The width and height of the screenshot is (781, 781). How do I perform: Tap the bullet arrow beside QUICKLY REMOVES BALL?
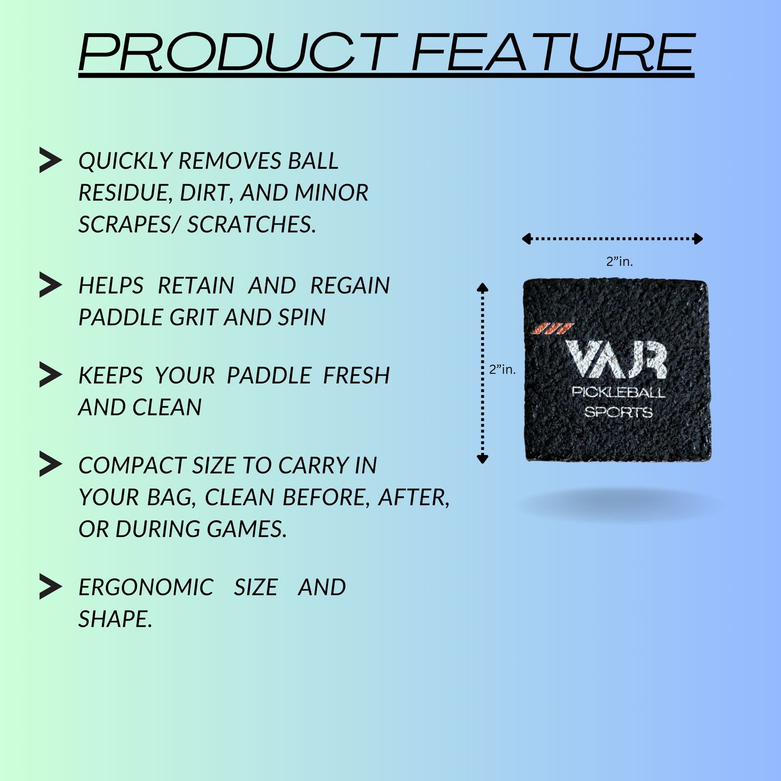[x=50, y=160]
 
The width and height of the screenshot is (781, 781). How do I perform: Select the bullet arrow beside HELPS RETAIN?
[x=50, y=285]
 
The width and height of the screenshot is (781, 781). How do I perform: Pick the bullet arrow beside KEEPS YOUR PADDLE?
[x=50, y=375]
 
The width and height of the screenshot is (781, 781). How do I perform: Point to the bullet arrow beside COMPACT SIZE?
[x=50, y=464]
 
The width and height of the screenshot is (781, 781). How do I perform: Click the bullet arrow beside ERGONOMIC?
[x=50, y=586]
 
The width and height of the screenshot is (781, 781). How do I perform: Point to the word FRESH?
[x=356, y=376]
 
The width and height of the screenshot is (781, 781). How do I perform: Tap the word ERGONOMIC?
[x=146, y=587]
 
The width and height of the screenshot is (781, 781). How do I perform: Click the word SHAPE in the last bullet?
[x=115, y=619]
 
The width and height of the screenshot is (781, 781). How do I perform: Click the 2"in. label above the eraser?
[x=619, y=262]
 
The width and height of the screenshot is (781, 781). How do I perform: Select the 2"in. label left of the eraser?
[x=502, y=370]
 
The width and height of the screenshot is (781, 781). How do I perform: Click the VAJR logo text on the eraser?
[x=616, y=359]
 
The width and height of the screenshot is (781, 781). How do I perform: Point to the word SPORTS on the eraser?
[x=618, y=412]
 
